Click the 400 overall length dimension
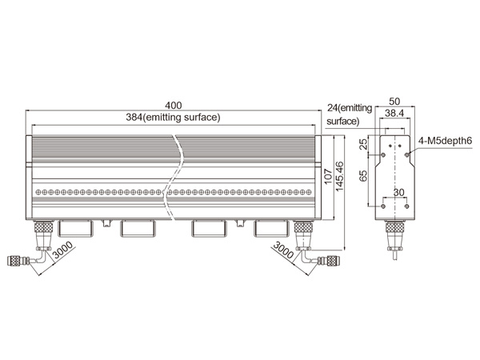pyautogui.click(x=174, y=106)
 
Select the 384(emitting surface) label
pyautogui.click(x=173, y=118)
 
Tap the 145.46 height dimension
pyautogui.click(x=339, y=177)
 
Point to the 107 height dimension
pyautogui.click(x=328, y=176)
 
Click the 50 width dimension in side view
pyautogui.click(x=394, y=102)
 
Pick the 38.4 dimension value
pyautogui.click(x=394, y=114)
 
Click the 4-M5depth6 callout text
pyautogui.click(x=445, y=141)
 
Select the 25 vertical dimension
pyautogui.click(x=363, y=144)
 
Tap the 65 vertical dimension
pyautogui.click(x=363, y=176)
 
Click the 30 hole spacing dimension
pyautogui.click(x=398, y=193)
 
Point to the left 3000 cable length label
pyautogui.click(x=62, y=250)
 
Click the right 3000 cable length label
pyautogui.click(x=283, y=250)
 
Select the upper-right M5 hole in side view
pyautogui.click(x=407, y=155)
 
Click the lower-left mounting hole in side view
pyautogui.click(x=383, y=206)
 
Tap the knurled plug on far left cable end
pyautogui.click(x=14, y=261)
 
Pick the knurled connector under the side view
pyautogui.click(x=394, y=228)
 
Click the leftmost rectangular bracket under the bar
pyautogui.click(x=75, y=228)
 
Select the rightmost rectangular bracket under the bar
pyautogui.click(x=271, y=228)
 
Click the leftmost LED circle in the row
pyautogui.click(x=38, y=192)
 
